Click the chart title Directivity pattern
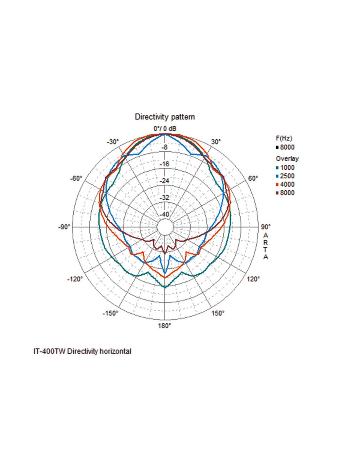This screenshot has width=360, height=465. [165, 117]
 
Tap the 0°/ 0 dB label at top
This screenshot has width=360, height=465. [165, 129]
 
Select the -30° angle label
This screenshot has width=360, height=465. [113, 142]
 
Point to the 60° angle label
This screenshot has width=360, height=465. [253, 178]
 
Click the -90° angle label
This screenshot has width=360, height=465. [64, 227]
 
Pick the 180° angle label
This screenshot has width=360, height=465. [164, 326]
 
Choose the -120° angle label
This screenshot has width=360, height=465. [75, 279]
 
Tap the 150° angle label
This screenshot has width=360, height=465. [218, 313]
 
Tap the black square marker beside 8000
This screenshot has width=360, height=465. [278, 147]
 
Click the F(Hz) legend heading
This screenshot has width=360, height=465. [284, 138]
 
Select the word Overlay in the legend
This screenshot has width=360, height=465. [287, 159]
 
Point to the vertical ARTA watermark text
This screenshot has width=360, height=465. [266, 246]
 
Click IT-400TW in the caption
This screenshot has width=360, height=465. [49, 352]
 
